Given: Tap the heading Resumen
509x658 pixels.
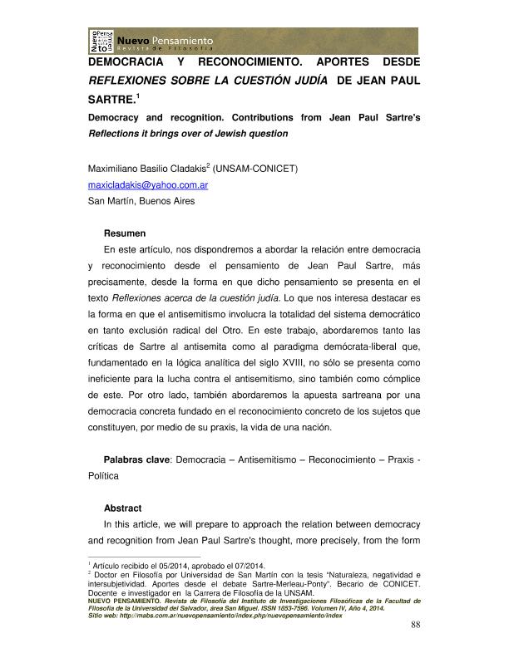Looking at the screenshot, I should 125,233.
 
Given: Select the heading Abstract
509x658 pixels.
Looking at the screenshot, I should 122,508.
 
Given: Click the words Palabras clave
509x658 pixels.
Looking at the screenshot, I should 135,459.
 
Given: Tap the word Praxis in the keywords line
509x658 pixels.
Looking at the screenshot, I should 395,459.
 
